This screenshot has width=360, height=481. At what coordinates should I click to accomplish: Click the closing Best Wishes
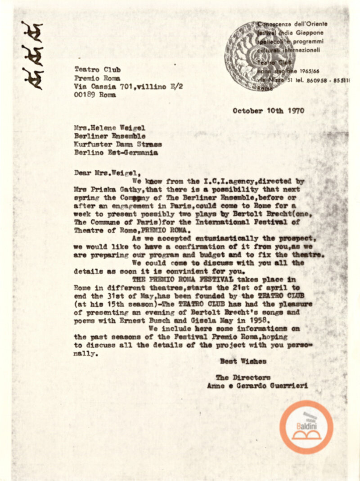243,361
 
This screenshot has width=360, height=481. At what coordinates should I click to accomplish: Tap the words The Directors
243,377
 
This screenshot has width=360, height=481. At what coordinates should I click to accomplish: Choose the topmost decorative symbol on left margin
31,31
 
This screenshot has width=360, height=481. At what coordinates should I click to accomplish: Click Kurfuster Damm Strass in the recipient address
118,144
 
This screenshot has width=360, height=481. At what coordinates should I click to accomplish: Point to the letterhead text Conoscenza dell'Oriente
292,24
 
